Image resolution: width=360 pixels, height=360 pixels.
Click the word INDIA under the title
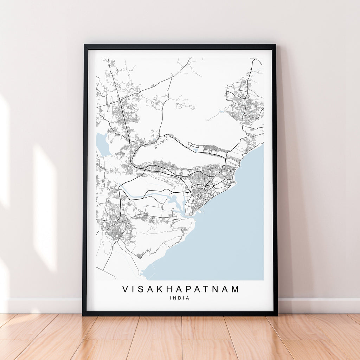pyautogui.click(x=179, y=298)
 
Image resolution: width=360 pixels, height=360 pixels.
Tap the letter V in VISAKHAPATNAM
pyautogui.click(x=126, y=289)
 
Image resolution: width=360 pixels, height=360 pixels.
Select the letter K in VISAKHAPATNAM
pyautogui.click(x=161, y=289)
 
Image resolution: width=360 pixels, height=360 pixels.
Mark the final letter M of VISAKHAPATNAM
pyautogui.click(x=234, y=289)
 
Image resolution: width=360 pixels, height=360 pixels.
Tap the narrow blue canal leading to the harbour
pyautogui.click(x=148, y=194)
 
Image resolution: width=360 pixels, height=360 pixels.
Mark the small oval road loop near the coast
pyautogui.click(x=233, y=162)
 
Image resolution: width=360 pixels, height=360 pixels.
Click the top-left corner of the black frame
pyautogui.click(x=84, y=45)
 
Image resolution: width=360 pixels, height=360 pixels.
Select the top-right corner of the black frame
pyautogui.click(x=275, y=45)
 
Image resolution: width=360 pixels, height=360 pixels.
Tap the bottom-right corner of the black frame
pyautogui.click(x=277, y=315)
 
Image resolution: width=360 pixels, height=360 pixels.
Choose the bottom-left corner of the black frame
pyautogui.click(x=83, y=315)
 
